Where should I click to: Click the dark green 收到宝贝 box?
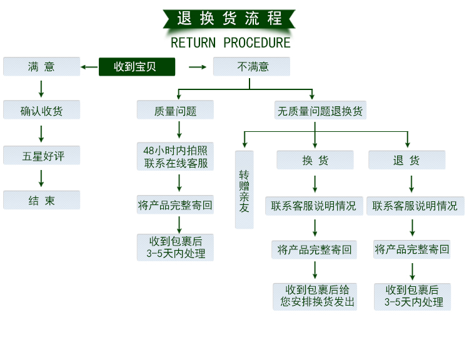tap(137, 67)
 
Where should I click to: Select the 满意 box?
tap(42, 67)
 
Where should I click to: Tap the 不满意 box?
tap(251, 67)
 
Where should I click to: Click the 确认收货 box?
tap(42, 111)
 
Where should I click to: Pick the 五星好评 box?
tap(42, 156)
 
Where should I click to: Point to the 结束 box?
tap(42, 201)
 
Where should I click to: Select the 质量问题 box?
tap(176, 111)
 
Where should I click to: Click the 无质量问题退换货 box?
tap(320, 111)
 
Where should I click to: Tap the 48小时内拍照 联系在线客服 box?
tap(176, 157)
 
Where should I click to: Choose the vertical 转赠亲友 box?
tap(245, 189)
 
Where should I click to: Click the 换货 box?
tap(315, 160)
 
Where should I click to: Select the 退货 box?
tap(407, 160)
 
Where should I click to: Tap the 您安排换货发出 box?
tap(315, 296)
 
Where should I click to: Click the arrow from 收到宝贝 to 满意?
tap(89, 67)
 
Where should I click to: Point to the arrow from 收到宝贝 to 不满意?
tap(198, 67)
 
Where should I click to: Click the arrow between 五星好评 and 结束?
tap(42, 178)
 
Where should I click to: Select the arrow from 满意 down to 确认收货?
tap(42, 88)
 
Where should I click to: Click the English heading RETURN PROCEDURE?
tap(231, 42)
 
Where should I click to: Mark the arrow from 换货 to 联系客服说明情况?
tap(315, 184)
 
